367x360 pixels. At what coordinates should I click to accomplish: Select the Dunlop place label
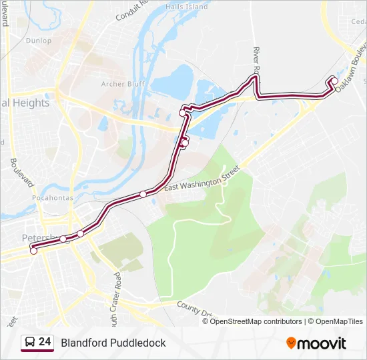[x=39, y=41]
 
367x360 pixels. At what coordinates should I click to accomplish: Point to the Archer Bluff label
[x=123, y=84]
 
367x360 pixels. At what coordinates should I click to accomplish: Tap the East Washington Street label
[x=200, y=181]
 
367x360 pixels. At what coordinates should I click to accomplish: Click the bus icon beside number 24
[x=29, y=343]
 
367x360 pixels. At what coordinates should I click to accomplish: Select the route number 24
[x=45, y=342]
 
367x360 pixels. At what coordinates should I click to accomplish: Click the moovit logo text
[x=322, y=343]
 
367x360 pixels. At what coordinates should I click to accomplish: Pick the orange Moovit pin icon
[x=291, y=343]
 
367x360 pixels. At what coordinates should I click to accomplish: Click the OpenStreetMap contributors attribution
[x=256, y=321]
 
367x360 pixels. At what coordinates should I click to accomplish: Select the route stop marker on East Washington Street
[x=143, y=195]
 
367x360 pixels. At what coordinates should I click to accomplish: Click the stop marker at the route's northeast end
[x=333, y=81]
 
